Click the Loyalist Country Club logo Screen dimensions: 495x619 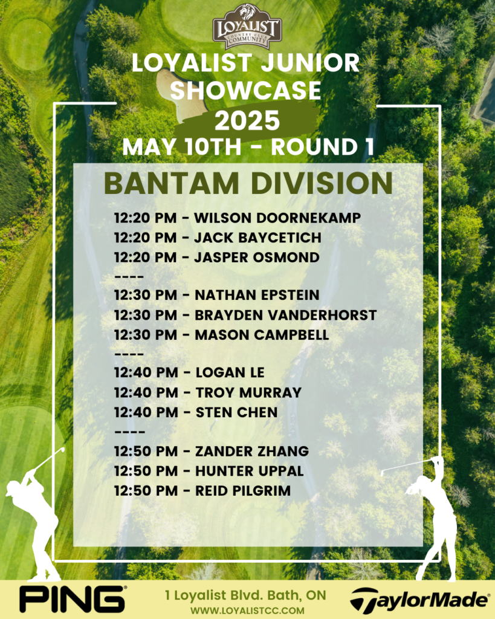pos(247,27)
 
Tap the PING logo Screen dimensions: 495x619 pos(73,599)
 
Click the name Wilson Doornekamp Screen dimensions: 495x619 pos(277,218)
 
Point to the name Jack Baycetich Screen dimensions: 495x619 pos(257,238)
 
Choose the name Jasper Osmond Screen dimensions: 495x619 pos(257,258)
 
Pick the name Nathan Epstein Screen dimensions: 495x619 pos(257,295)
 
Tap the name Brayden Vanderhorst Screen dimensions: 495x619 pos(286,315)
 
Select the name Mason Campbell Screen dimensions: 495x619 pos(262,335)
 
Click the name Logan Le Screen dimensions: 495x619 pos(230,372)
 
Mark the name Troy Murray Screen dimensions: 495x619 pos(248,392)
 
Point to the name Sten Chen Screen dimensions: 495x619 pos(237,412)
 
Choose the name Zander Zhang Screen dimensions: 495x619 pos(252,451)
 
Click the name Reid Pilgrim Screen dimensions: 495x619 pos(243,491)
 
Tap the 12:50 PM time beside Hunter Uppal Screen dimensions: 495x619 pos(146,471)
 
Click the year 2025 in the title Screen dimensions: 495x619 pos(247,120)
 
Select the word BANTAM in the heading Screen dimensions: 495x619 pos(172,183)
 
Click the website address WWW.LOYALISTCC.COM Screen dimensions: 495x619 pos(247,611)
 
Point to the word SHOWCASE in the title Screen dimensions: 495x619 pos(245,90)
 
